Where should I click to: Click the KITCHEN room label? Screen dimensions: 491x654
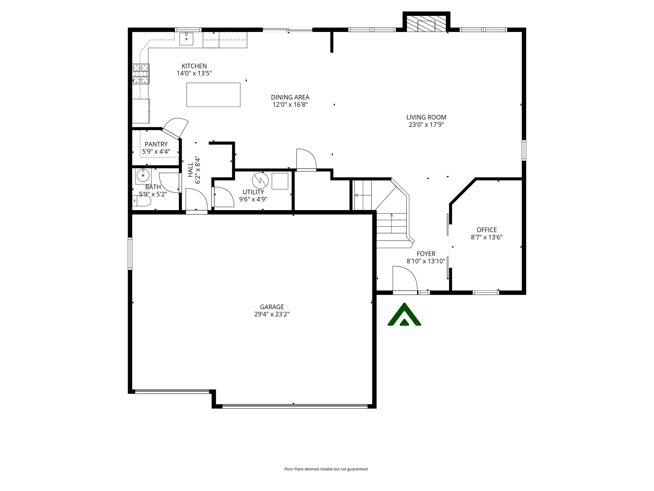(194, 66)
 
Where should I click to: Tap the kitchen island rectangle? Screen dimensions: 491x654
(213, 95)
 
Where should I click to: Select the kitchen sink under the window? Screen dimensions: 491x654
(186, 39)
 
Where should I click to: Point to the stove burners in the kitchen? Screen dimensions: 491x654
(141, 74)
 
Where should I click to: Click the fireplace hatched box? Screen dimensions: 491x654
(426, 24)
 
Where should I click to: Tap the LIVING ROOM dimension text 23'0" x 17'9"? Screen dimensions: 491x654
(426, 125)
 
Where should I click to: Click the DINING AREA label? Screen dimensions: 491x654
(290, 97)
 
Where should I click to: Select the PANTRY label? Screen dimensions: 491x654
(156, 144)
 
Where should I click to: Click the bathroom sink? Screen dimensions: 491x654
(143, 176)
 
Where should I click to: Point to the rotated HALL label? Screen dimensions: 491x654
(190, 170)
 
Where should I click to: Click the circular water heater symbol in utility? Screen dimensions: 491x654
(260, 180)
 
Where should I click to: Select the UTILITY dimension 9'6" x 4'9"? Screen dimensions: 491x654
(253, 199)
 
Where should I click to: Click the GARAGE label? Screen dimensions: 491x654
(272, 307)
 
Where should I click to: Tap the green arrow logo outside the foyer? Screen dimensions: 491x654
(404, 315)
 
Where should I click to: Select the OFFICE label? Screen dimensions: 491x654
(486, 230)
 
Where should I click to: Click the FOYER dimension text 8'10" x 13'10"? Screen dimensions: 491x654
(426, 261)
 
